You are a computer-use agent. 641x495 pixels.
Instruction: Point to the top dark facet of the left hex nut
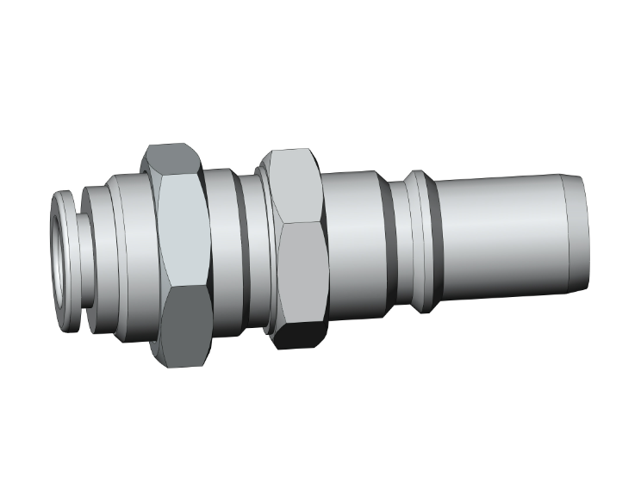pos(171,160)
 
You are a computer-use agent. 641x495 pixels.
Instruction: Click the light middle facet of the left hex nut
pos(182,232)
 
